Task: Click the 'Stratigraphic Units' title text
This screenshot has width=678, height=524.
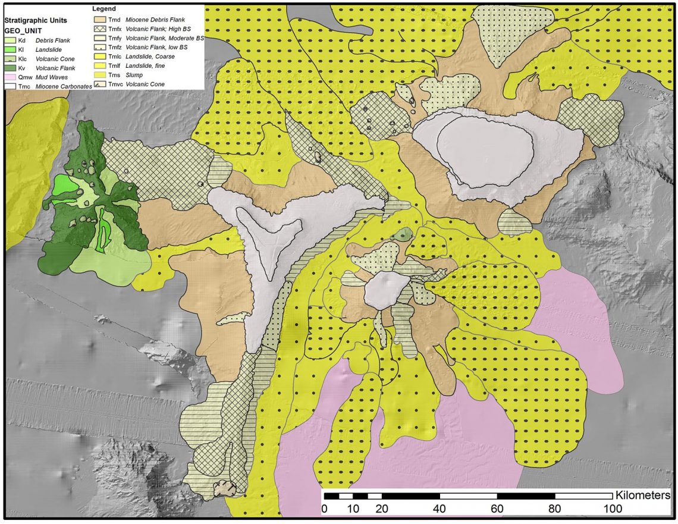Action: (36, 20)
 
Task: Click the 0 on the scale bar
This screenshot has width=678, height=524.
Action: (324, 509)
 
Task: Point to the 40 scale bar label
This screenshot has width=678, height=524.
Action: (440, 509)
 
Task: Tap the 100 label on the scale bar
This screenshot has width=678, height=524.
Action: (613, 509)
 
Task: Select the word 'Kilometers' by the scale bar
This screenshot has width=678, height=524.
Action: (644, 495)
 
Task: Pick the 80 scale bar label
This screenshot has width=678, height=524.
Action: (555, 509)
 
